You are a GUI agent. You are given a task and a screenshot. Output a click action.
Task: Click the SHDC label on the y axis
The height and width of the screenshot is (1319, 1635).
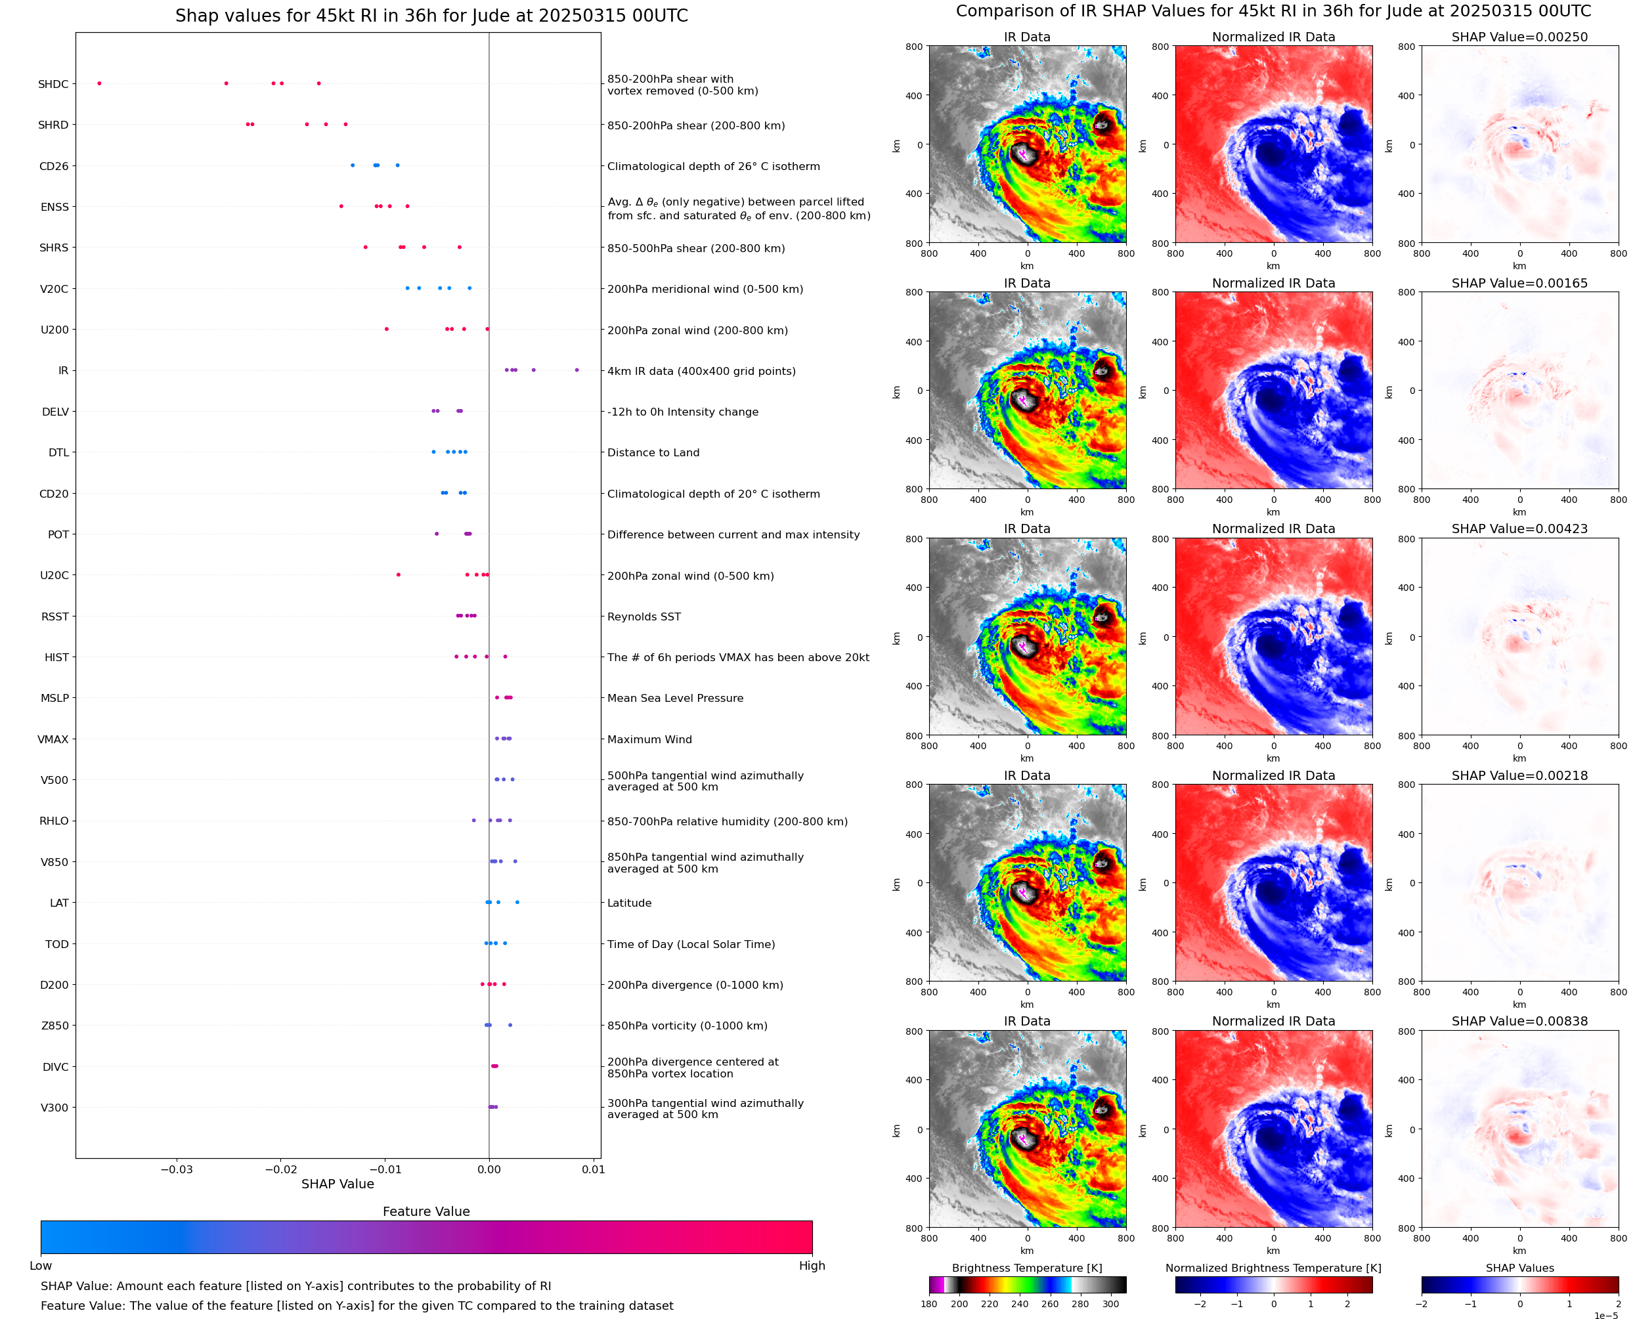click(x=53, y=84)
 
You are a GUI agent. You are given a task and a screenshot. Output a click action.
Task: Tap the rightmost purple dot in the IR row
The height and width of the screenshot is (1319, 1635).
click(x=577, y=370)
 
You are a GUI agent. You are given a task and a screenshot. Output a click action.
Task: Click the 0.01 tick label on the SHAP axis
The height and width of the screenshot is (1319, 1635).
click(x=594, y=1169)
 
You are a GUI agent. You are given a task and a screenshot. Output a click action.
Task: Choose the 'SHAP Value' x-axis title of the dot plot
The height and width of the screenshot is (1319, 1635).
click(x=338, y=1184)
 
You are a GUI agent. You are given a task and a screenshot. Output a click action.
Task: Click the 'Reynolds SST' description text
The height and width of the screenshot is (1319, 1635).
click(x=643, y=616)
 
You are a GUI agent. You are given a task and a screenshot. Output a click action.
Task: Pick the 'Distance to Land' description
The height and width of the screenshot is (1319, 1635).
click(x=653, y=453)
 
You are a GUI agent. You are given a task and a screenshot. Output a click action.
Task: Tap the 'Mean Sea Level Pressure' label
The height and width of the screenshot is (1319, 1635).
click(x=674, y=699)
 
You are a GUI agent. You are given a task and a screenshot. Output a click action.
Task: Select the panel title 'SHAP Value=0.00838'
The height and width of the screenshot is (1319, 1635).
click(x=1519, y=1021)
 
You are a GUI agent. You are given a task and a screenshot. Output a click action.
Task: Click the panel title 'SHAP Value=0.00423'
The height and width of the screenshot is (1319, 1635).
click(x=1519, y=529)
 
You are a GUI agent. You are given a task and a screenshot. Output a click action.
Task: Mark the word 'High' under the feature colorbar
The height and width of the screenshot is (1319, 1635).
click(x=812, y=1266)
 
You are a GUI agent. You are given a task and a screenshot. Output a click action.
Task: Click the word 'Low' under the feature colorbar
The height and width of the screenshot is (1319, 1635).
click(x=41, y=1266)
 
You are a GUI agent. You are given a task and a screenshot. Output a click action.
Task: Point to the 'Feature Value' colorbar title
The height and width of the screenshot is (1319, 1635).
click(x=426, y=1211)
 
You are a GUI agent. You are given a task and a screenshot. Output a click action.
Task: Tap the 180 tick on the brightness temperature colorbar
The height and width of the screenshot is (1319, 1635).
click(x=928, y=1304)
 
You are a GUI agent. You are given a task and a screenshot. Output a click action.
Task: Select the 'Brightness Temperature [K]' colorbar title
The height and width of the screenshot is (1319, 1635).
click(x=1026, y=1268)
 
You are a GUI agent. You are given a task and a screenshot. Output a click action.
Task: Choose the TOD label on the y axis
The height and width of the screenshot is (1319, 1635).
click(x=57, y=944)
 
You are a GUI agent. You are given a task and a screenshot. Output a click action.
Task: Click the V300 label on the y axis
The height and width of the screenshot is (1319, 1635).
click(x=54, y=1108)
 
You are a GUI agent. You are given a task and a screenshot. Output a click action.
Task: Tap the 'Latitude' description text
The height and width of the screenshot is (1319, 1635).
click(x=629, y=903)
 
